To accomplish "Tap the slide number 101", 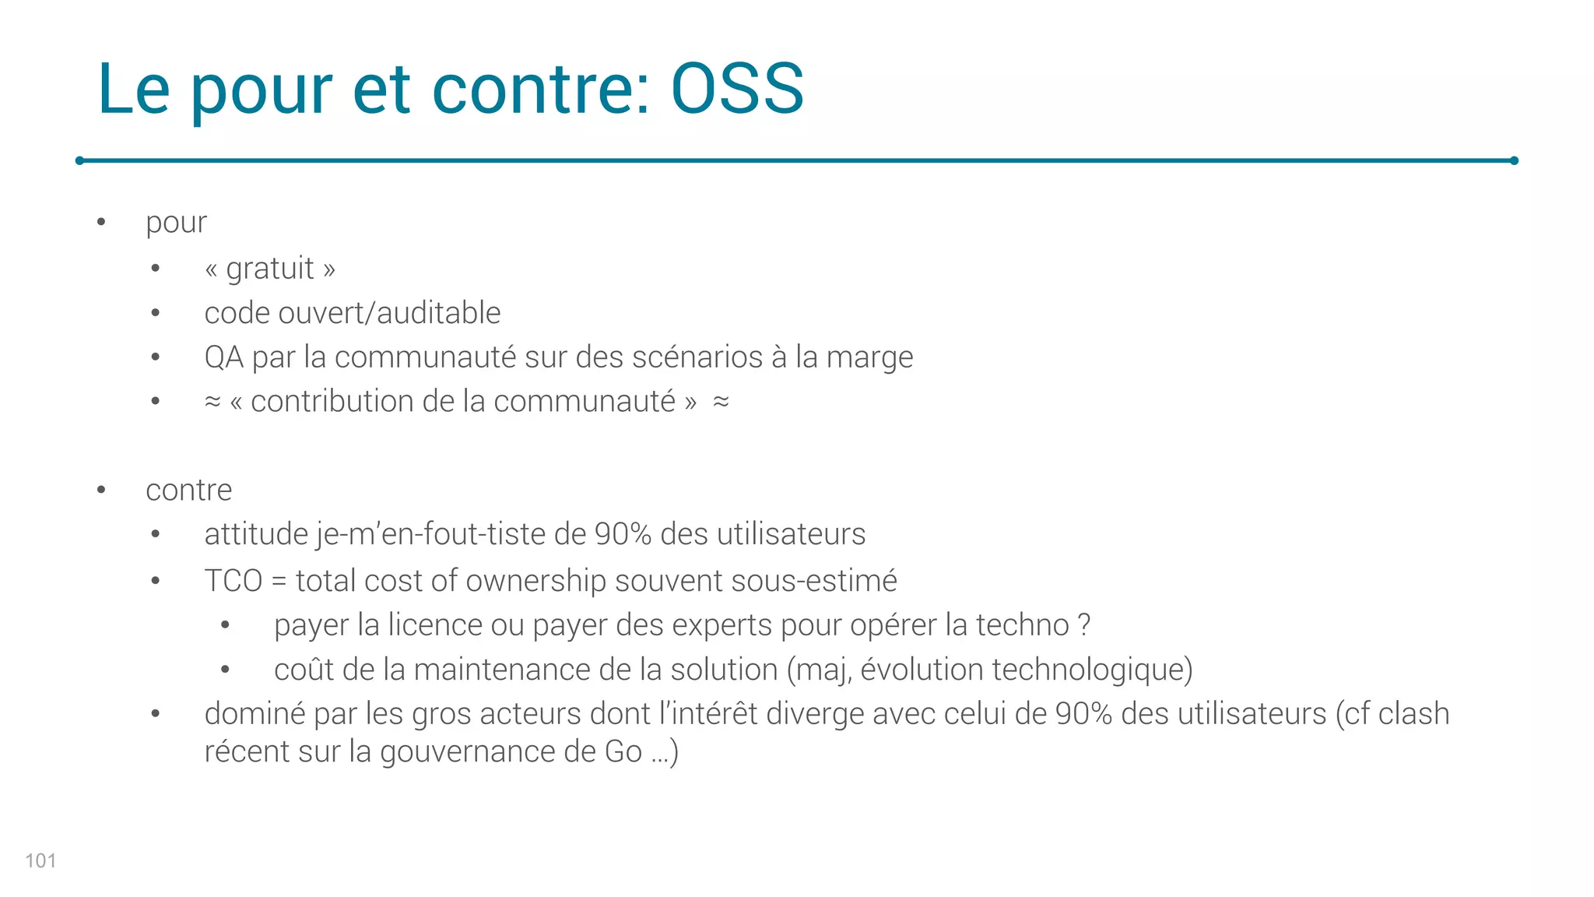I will pyautogui.click(x=40, y=860).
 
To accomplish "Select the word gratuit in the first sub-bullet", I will pyautogui.click(x=269, y=269).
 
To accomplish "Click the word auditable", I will pyautogui.click(x=438, y=313).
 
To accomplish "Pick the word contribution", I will pyautogui.click(x=332, y=402).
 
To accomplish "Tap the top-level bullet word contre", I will pyautogui.click(x=188, y=490).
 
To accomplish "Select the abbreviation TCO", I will pyautogui.click(x=233, y=581).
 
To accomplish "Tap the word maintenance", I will pyautogui.click(x=500, y=670).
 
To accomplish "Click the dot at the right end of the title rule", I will pyautogui.click(x=1514, y=160).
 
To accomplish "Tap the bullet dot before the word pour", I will pyautogui.click(x=101, y=223).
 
